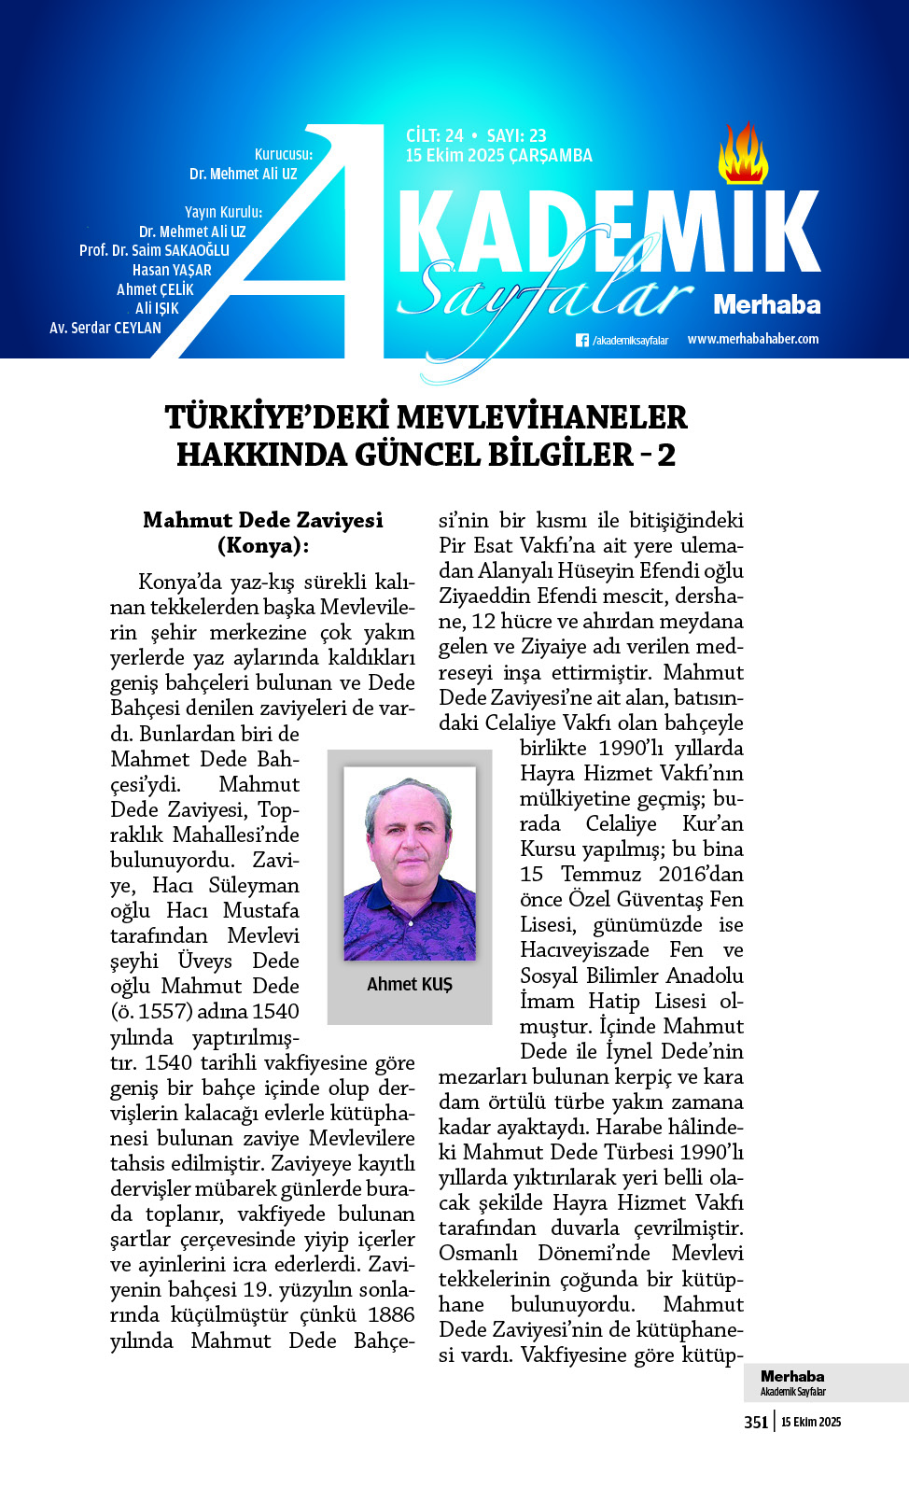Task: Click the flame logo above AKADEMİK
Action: [743, 154]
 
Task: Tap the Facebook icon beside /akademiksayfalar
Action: [582, 341]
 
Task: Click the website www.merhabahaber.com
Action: [752, 339]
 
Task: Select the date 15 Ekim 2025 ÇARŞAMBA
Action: [498, 156]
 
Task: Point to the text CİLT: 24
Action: [434, 135]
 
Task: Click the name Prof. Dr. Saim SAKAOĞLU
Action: [154, 250]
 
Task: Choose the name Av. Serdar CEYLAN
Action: [105, 328]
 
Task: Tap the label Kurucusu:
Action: [284, 154]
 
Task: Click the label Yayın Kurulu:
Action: [223, 212]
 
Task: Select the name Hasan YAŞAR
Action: [172, 270]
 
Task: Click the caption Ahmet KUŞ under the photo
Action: [409, 984]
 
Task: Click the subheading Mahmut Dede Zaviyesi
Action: [262, 520]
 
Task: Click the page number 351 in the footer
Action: [756, 1422]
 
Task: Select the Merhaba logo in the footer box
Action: [792, 1376]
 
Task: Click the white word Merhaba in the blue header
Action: [766, 304]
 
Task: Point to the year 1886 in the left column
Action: [391, 1314]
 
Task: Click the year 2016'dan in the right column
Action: [700, 874]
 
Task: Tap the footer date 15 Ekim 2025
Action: [811, 1422]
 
